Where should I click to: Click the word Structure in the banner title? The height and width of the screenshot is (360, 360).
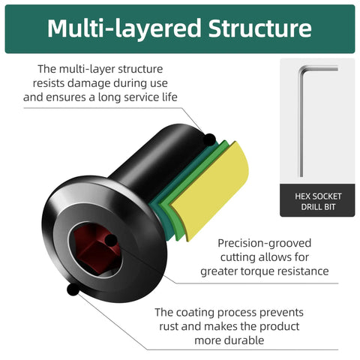(260, 28)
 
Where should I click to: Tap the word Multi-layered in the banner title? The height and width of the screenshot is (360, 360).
(124, 28)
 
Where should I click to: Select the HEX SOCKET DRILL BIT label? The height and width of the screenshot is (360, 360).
(318, 202)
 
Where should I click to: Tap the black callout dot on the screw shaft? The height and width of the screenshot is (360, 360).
(209, 140)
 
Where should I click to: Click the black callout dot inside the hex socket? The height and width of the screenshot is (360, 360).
(111, 241)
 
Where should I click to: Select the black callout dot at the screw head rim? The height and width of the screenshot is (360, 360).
(73, 289)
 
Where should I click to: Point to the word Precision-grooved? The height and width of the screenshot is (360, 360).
(264, 243)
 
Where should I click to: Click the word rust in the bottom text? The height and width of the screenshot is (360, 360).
(169, 326)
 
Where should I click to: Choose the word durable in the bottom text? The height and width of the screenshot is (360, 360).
(246, 340)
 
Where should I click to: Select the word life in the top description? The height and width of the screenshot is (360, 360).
(170, 97)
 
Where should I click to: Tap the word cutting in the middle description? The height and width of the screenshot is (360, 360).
(237, 257)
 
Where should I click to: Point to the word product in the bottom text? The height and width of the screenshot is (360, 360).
(280, 327)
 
